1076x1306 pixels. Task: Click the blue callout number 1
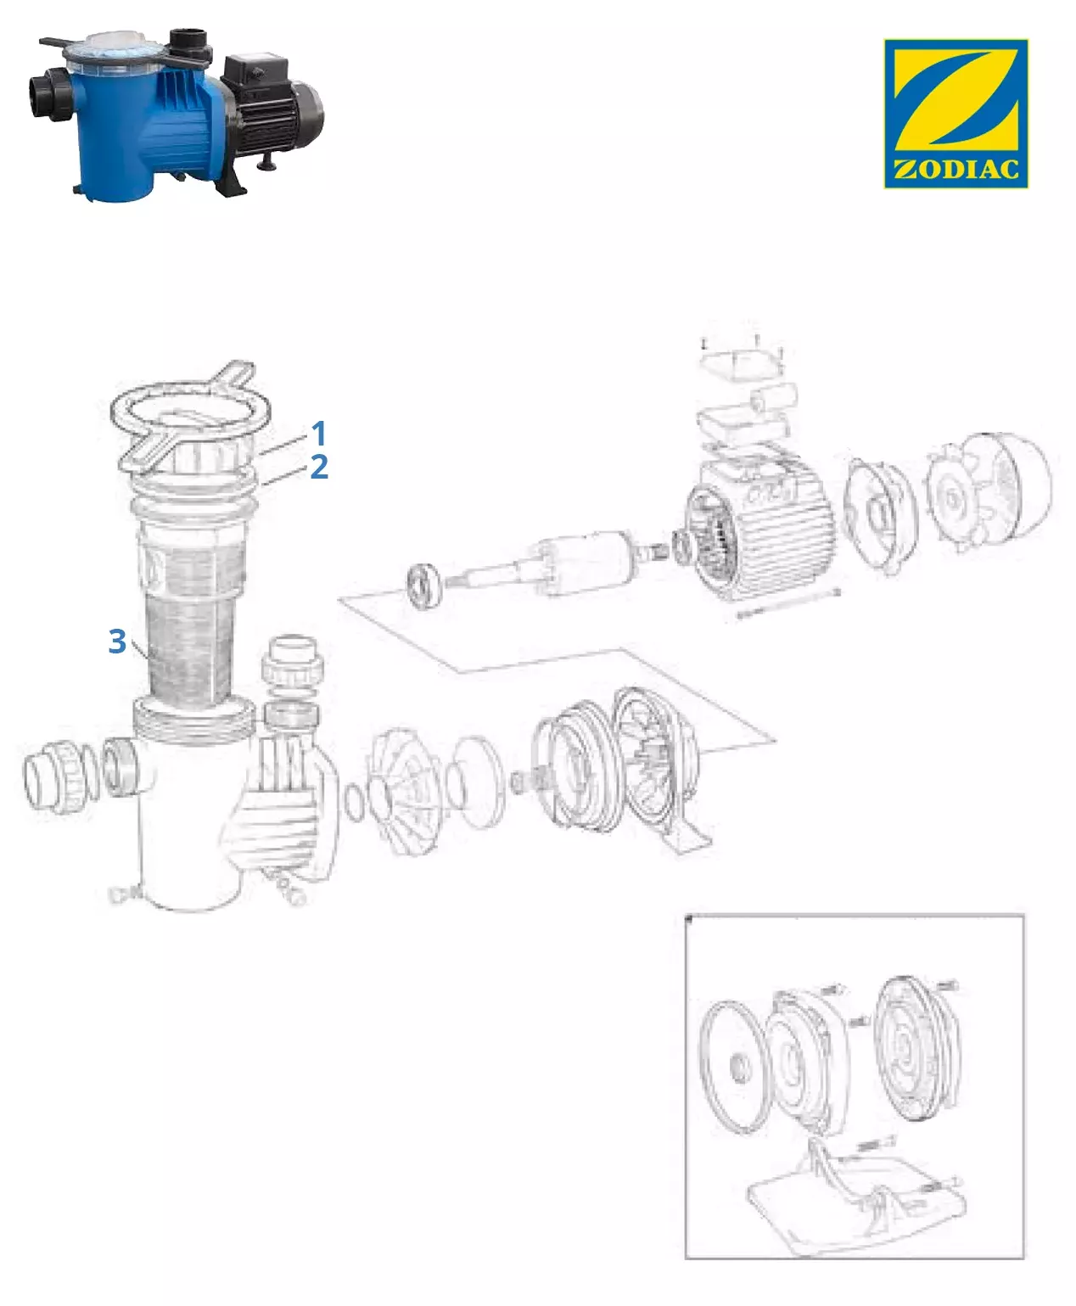[x=319, y=433]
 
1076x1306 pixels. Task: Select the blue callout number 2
[x=319, y=467]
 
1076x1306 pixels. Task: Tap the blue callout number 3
[x=117, y=641]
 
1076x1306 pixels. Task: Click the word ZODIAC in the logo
[x=956, y=170]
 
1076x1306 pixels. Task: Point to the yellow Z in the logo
[x=956, y=104]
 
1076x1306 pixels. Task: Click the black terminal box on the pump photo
[x=255, y=73]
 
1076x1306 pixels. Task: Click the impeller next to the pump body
[x=406, y=790]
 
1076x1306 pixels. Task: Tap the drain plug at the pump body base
[x=126, y=894]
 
